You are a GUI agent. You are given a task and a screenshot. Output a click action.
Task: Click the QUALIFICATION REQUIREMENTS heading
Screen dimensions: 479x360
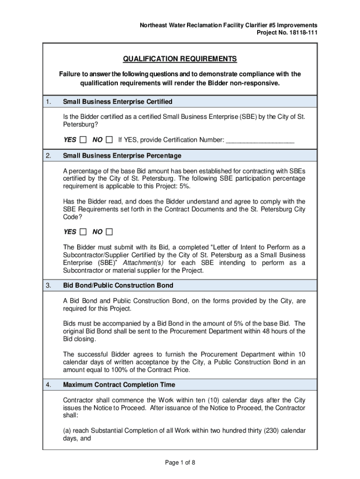click(x=180, y=59)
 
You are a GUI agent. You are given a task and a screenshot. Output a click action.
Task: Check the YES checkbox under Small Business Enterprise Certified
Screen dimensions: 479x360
click(x=83, y=139)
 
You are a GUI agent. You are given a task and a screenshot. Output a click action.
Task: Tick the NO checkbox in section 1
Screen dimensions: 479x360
click(x=109, y=139)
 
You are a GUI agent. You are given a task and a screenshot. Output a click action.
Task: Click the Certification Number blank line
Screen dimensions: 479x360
click(x=260, y=140)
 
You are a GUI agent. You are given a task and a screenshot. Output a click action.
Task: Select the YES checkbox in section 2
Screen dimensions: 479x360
click(x=83, y=232)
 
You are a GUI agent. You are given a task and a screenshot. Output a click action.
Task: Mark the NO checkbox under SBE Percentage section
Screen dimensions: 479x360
click(x=109, y=232)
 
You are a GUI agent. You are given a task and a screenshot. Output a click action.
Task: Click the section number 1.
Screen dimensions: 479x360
click(x=48, y=102)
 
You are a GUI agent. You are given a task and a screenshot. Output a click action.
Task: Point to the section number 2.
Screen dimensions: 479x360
click(x=48, y=156)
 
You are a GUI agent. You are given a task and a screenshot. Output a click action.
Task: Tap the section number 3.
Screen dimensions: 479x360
click(x=48, y=285)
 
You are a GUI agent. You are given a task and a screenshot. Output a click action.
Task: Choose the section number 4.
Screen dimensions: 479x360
click(x=48, y=385)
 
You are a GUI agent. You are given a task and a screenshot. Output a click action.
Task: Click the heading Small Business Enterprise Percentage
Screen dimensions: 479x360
click(x=122, y=156)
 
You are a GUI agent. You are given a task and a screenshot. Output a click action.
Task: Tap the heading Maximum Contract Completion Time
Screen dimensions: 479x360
click(x=119, y=385)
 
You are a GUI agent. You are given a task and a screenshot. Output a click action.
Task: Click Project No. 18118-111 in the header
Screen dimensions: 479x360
click(x=287, y=32)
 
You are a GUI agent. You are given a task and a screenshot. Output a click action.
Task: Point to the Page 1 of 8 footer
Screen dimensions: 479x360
click(x=180, y=463)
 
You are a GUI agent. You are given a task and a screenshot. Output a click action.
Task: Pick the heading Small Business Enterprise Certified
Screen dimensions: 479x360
click(x=118, y=102)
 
